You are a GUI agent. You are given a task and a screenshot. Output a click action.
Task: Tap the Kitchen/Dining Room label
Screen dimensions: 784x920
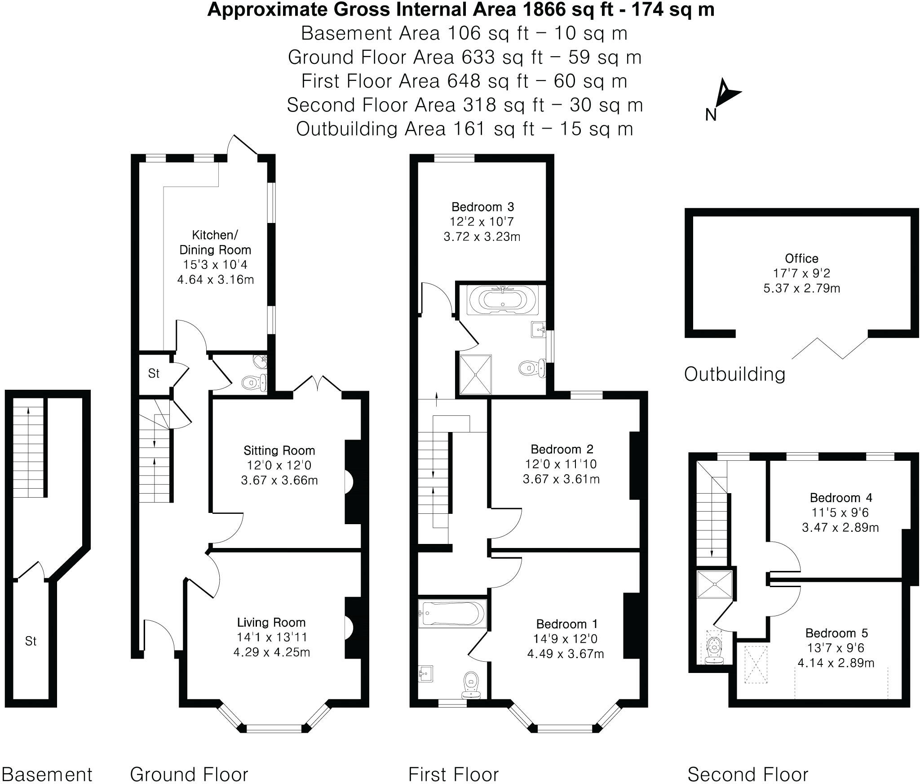tap(215, 242)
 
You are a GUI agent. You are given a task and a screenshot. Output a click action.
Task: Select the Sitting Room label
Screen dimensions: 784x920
tap(279, 450)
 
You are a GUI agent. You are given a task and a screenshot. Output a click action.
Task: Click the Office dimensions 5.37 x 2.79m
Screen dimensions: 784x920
tap(801, 288)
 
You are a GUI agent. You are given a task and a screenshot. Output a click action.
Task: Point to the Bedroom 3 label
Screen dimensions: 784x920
tap(482, 207)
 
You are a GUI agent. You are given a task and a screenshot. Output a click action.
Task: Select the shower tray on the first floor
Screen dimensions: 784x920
tap(475, 374)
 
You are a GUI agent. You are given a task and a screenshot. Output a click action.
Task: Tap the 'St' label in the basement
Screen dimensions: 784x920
tap(31, 641)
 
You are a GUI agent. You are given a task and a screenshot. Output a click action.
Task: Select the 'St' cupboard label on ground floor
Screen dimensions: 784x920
tap(154, 374)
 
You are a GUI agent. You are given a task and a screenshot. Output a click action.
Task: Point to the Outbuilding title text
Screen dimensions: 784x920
tap(734, 374)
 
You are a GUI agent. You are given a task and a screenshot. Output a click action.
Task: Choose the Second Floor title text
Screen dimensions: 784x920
tap(747, 775)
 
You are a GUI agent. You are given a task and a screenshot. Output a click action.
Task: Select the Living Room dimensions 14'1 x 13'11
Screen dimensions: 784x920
tap(271, 637)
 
